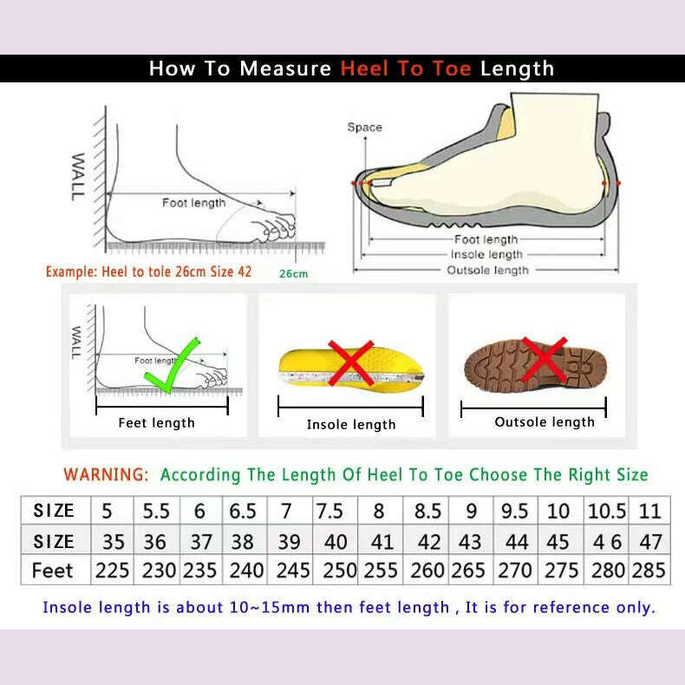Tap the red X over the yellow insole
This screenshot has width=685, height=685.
click(x=351, y=363)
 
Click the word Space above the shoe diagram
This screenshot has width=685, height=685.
click(x=364, y=127)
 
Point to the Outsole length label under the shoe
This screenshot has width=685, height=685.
click(x=486, y=271)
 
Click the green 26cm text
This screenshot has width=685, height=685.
click(x=293, y=274)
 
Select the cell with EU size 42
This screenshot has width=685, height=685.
click(x=428, y=542)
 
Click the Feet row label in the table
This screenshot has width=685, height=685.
click(x=53, y=571)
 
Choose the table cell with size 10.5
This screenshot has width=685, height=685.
click(x=605, y=511)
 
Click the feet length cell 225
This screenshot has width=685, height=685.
click(x=114, y=571)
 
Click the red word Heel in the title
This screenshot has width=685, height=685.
click(x=365, y=68)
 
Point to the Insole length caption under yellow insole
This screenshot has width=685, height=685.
click(x=351, y=425)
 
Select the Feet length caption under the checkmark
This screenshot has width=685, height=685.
click(x=156, y=423)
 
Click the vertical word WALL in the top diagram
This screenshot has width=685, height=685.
click(x=78, y=177)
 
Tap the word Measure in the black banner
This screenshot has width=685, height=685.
click(x=285, y=68)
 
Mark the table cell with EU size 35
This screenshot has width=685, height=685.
click(x=114, y=542)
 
